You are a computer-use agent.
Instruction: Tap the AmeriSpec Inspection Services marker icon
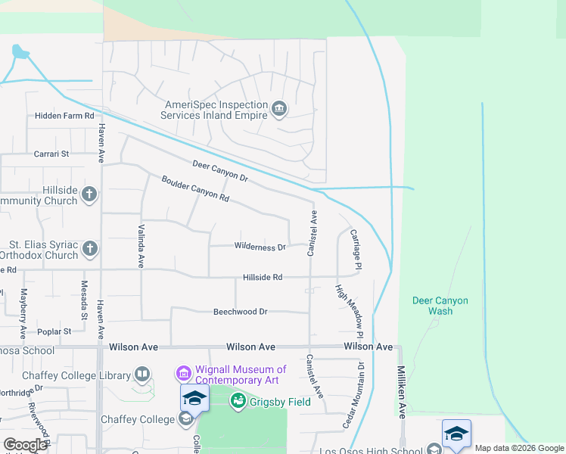tap(279, 110)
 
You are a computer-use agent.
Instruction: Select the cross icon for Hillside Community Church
tap(89, 194)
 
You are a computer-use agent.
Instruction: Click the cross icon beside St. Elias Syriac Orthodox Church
tap(89, 249)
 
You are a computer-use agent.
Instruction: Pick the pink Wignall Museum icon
tap(182, 373)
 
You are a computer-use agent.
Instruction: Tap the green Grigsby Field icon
tap(238, 401)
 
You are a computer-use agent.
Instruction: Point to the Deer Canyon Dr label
tap(220, 171)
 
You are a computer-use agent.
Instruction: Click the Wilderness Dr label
tap(260, 247)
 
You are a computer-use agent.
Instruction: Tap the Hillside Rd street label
tap(263, 278)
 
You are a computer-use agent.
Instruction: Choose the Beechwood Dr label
tap(241, 311)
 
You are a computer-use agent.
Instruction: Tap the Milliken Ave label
tap(402, 393)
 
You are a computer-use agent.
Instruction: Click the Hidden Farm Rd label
tap(64, 116)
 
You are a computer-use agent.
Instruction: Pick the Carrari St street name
tap(51, 154)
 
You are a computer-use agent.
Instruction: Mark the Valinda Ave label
tap(141, 246)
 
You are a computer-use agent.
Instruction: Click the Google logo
tap(25, 445)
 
